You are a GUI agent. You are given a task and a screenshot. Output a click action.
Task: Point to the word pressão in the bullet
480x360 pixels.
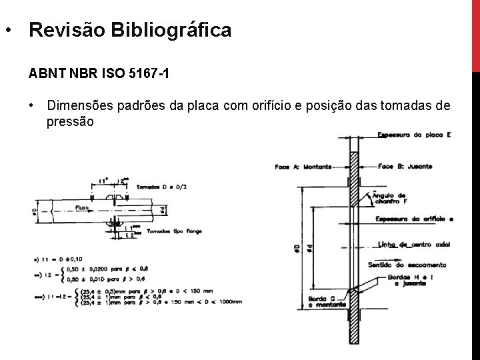pos(70,122)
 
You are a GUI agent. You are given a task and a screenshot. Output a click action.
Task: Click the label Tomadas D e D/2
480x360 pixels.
pos(163,186)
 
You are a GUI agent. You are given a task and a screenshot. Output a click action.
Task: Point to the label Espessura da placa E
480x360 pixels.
pos(414,135)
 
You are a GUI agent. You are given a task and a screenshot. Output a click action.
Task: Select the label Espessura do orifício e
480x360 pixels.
pos(413,219)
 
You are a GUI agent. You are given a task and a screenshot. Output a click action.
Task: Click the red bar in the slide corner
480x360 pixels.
pos(475,33)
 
